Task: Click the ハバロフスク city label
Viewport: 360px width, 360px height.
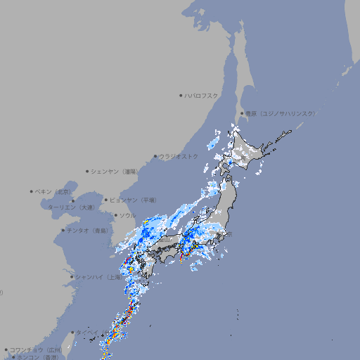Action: point(202,95)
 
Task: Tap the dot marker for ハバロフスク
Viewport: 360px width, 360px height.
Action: point(181,95)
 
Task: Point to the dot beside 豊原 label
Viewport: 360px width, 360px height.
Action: point(242,113)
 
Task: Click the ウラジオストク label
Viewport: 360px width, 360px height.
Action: point(179,156)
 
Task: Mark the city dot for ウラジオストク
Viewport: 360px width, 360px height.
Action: point(155,156)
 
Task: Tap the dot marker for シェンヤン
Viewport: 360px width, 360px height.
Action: point(88,171)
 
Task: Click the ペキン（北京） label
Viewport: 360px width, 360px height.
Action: point(54,191)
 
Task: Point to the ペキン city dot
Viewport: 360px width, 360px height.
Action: point(32,191)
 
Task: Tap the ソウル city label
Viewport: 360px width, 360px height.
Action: point(127,215)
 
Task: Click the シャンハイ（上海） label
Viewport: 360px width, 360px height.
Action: point(99,277)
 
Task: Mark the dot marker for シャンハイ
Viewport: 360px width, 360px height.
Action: point(72,277)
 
